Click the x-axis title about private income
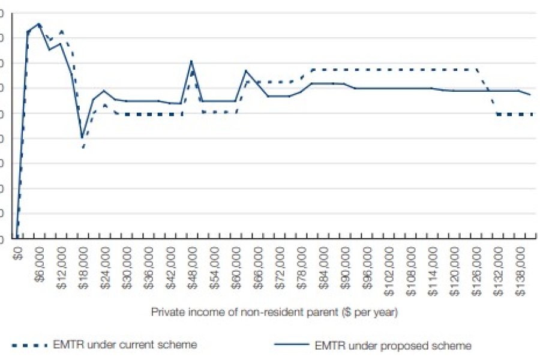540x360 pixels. coord(274,312)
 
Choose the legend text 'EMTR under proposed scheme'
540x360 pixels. coord(393,346)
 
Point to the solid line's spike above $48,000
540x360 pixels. coord(191,61)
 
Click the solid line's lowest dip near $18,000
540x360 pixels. coord(82,138)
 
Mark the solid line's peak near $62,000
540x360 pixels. coord(246,70)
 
